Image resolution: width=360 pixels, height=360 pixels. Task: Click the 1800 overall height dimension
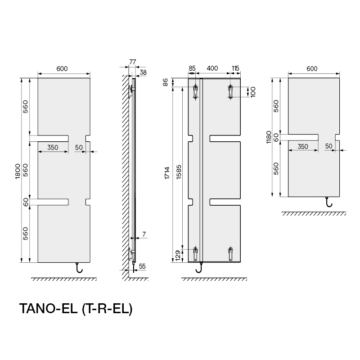pyautogui.click(x=18, y=171)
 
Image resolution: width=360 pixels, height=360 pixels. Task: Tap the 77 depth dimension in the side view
pyautogui.click(x=133, y=62)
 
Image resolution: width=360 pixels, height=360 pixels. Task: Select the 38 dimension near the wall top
pyautogui.click(x=143, y=72)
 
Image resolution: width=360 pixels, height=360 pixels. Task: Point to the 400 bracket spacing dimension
pyautogui.click(x=212, y=68)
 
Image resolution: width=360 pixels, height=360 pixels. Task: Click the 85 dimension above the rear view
pyautogui.click(x=192, y=68)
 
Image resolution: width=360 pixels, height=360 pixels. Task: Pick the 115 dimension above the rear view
pyautogui.click(x=235, y=68)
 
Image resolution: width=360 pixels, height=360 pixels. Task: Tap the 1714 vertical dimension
pyautogui.click(x=167, y=173)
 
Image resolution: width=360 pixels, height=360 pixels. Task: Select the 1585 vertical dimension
pyautogui.click(x=179, y=172)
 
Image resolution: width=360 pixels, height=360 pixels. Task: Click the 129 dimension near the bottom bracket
pyautogui.click(x=178, y=256)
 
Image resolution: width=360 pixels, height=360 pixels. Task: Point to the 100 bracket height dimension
pyautogui.click(x=253, y=92)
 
